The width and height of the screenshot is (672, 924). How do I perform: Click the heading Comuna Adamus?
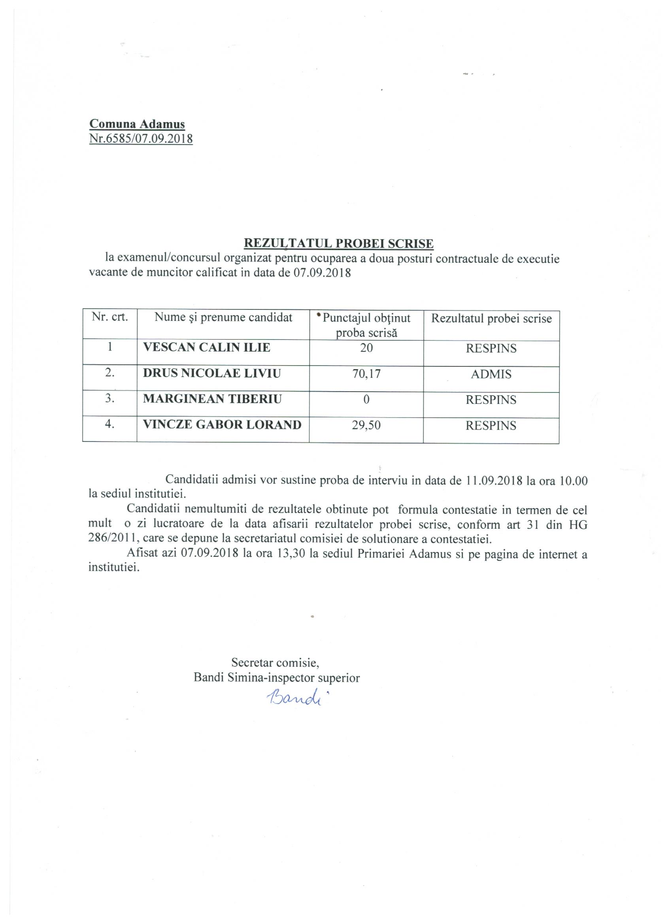click(x=137, y=124)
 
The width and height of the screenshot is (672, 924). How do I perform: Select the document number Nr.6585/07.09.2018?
click(x=141, y=139)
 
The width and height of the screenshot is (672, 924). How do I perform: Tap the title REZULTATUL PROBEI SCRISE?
click(x=338, y=243)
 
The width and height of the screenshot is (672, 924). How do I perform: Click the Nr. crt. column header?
click(x=109, y=317)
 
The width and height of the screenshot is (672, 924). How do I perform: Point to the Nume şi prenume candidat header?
click(x=223, y=318)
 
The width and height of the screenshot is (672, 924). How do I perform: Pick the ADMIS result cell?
click(x=491, y=374)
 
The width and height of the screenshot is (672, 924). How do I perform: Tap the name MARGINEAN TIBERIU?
click(x=212, y=399)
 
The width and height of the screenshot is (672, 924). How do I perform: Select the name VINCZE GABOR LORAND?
click(x=222, y=425)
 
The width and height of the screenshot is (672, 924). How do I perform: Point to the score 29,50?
click(x=366, y=426)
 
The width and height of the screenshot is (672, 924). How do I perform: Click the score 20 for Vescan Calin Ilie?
click(x=366, y=348)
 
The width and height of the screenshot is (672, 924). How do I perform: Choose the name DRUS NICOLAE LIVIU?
click(x=212, y=373)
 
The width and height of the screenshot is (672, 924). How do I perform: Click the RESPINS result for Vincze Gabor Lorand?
click(x=491, y=426)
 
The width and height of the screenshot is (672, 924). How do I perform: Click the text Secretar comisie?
click(x=275, y=662)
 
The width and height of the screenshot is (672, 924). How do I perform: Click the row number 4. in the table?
click(x=109, y=424)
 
